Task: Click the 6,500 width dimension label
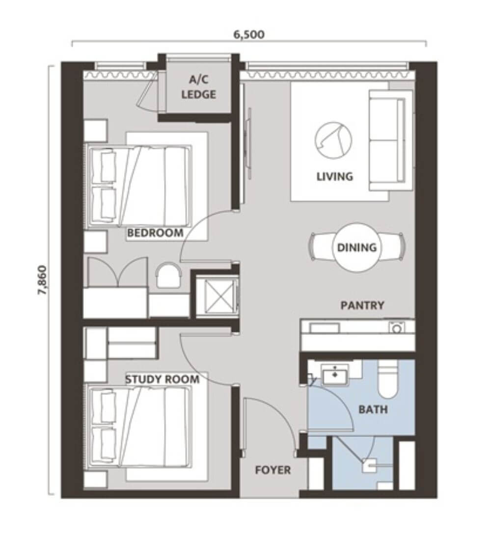pyautogui.click(x=249, y=34)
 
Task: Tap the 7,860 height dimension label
pyautogui.click(x=42, y=280)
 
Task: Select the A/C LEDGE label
pyautogui.click(x=198, y=87)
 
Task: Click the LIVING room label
pyautogui.click(x=334, y=177)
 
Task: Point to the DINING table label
pyautogui.click(x=356, y=247)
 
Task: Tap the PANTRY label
pyautogui.click(x=362, y=305)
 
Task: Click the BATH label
pyautogui.click(x=373, y=409)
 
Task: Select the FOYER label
pyautogui.click(x=273, y=470)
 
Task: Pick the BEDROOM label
pyautogui.click(x=155, y=233)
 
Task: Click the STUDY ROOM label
pyautogui.click(x=162, y=379)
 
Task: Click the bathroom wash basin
pyautogui.click(x=334, y=375)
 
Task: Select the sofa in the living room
pyautogui.click(x=391, y=140)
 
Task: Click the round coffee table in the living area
pyautogui.click(x=333, y=140)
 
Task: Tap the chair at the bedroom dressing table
pyautogui.click(x=168, y=275)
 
